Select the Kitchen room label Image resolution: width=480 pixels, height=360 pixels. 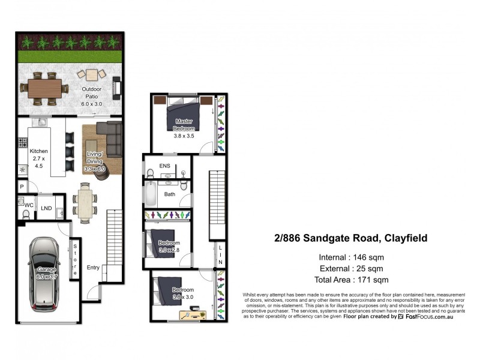coord(39,151)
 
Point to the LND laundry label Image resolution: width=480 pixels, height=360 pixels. coord(46,209)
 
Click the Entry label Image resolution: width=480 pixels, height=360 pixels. coord(93,268)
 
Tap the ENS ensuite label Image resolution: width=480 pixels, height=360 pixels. coord(165,166)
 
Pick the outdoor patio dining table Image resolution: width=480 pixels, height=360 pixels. coord(46,87)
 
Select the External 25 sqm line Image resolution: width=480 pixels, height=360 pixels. coord(352,268)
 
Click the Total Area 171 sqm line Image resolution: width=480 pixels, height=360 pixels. coord(352,280)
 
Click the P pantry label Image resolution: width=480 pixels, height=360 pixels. coord(21,187)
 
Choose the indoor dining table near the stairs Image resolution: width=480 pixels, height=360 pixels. coord(85,203)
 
